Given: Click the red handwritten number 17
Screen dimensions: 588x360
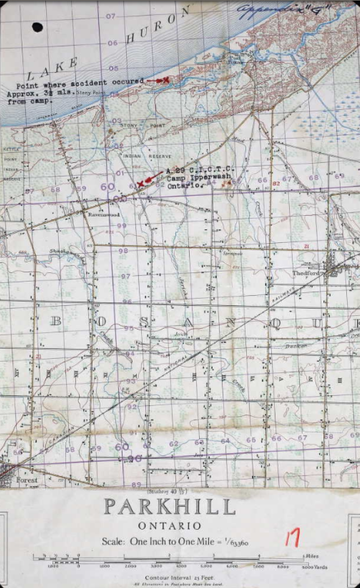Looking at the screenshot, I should (292, 537).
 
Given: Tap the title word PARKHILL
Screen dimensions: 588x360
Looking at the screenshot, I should (169, 507).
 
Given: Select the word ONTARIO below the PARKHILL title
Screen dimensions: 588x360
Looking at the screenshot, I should (169, 526).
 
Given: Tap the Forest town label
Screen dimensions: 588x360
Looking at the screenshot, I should (27, 480).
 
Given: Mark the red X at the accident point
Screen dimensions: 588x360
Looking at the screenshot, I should (166, 80).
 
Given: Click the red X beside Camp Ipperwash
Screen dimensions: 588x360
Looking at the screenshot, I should (141, 183).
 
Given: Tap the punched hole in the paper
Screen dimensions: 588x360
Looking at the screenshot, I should (37, 27).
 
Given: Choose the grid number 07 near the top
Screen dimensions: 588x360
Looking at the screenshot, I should (111, 16).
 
